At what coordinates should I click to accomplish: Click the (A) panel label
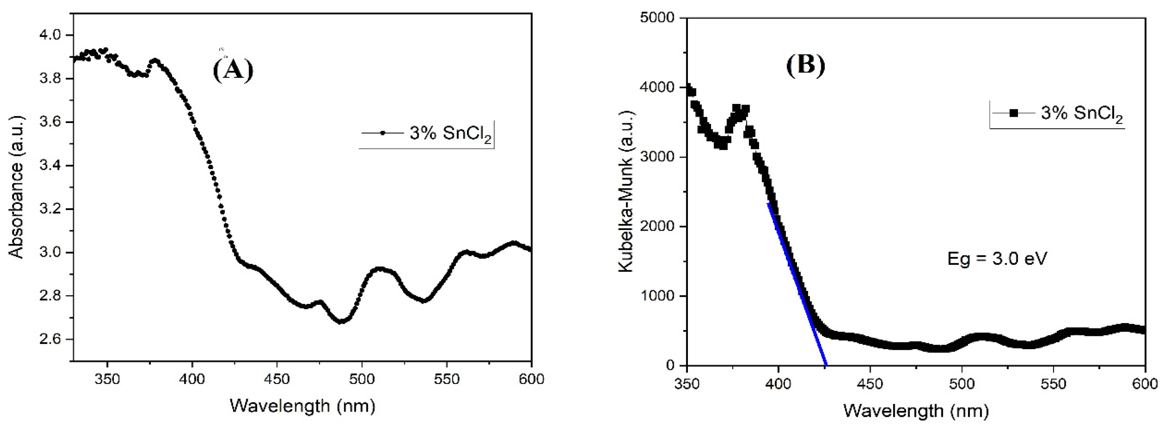coord(233,70)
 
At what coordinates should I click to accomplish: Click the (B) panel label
coord(806,64)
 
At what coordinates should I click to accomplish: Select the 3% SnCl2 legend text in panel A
coord(450,134)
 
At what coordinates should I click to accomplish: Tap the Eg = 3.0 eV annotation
coord(997,259)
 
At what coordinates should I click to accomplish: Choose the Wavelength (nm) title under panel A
coord(303,405)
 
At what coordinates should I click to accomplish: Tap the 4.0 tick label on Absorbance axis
coord(50,35)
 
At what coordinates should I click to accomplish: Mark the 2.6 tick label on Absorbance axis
coord(50,339)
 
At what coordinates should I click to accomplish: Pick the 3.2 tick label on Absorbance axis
coord(50,209)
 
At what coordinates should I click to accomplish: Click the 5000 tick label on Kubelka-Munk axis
coord(657,18)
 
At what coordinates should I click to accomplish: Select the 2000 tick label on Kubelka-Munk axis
coord(657,227)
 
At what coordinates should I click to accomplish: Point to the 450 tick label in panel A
coord(277,378)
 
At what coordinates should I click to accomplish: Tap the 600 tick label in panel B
coord(1145,384)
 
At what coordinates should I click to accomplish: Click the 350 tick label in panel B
coord(687,384)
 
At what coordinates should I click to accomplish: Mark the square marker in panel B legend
coord(1014,113)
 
